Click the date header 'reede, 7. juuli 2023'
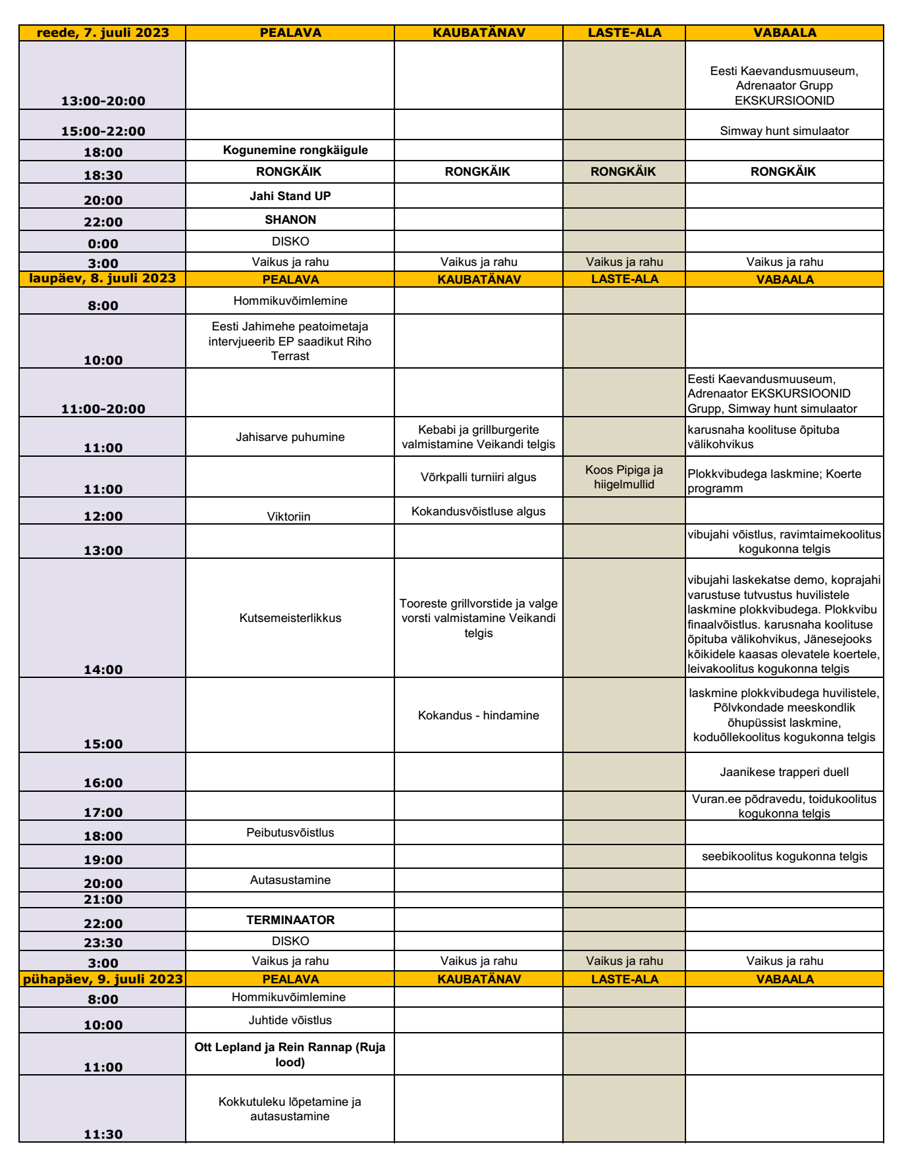pos(103,33)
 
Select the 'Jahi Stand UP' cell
pos(290,196)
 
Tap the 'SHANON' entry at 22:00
pos(290,220)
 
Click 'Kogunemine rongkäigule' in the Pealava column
pos(295,150)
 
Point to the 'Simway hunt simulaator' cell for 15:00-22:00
pos(784,131)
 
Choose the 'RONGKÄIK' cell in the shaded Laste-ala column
pos(623,172)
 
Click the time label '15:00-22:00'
pos(103,131)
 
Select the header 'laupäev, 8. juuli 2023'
pos(103,278)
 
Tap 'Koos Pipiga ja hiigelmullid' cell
pos(624,477)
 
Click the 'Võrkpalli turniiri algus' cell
pos(478,477)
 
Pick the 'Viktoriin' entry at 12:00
pos(288,516)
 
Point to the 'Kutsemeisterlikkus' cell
pos(290,618)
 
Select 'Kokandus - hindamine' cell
pos(478,715)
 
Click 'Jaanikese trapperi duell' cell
pos(784,772)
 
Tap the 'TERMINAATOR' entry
pos(290,920)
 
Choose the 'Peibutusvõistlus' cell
pos(290,833)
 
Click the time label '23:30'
pos(103,943)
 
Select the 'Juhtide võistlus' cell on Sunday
pos(290,1020)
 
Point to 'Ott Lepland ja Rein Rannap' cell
pos(290,1054)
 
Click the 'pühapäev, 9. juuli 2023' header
pos(103,979)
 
